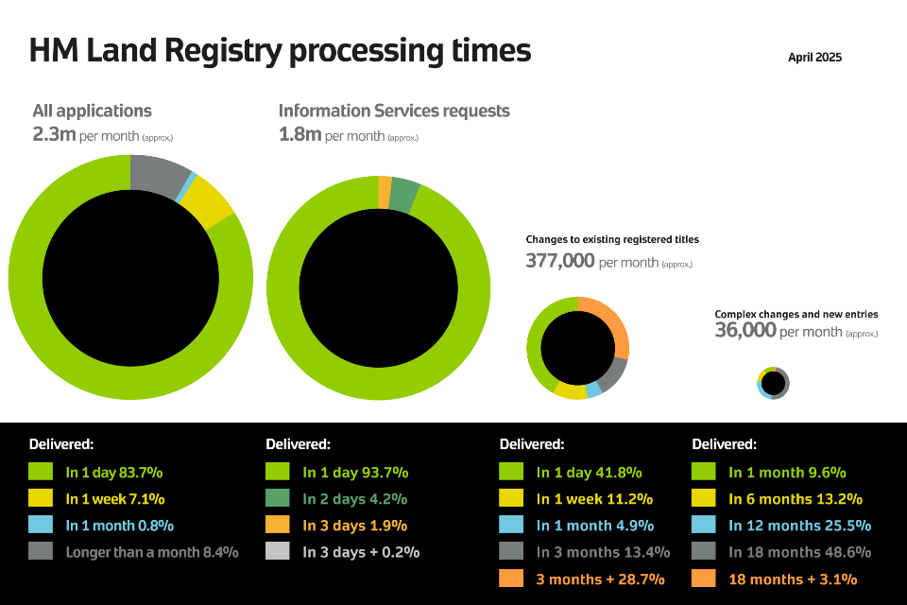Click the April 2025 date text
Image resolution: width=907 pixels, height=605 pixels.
[x=814, y=58]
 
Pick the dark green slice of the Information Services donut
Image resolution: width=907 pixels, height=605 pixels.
[x=402, y=196]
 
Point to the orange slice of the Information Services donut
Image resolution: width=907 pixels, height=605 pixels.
[x=385, y=192]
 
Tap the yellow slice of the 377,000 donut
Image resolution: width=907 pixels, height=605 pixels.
[x=571, y=391]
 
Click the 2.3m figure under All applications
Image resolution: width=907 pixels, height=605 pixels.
[x=55, y=134]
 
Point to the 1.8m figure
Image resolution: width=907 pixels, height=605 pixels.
[x=299, y=134]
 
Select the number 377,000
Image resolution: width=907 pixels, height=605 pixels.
[x=560, y=261]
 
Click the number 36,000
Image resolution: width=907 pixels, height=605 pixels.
[x=745, y=330]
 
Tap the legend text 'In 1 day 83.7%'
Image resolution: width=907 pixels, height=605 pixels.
[x=114, y=473]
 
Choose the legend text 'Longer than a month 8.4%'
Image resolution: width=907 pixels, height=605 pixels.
[x=152, y=552]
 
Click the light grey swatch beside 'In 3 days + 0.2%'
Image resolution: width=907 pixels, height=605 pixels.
[x=278, y=550]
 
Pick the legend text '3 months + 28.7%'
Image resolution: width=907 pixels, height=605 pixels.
[x=601, y=579]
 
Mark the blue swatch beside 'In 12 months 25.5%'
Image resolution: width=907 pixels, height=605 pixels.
[x=703, y=525]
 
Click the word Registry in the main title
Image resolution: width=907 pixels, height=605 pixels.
[x=223, y=51]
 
